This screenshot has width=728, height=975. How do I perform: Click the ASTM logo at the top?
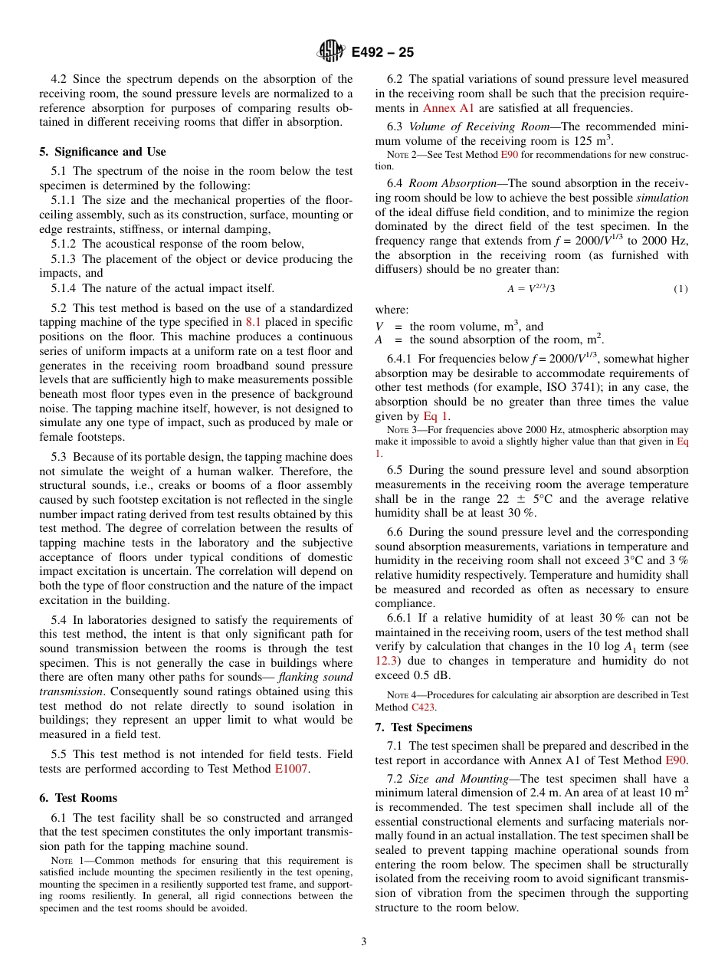(331, 51)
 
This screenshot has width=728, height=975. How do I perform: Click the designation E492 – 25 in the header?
(382, 52)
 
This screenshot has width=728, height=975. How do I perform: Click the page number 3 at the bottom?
(364, 942)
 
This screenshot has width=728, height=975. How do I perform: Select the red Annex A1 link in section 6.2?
(448, 108)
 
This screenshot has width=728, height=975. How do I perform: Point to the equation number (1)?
(680, 289)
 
